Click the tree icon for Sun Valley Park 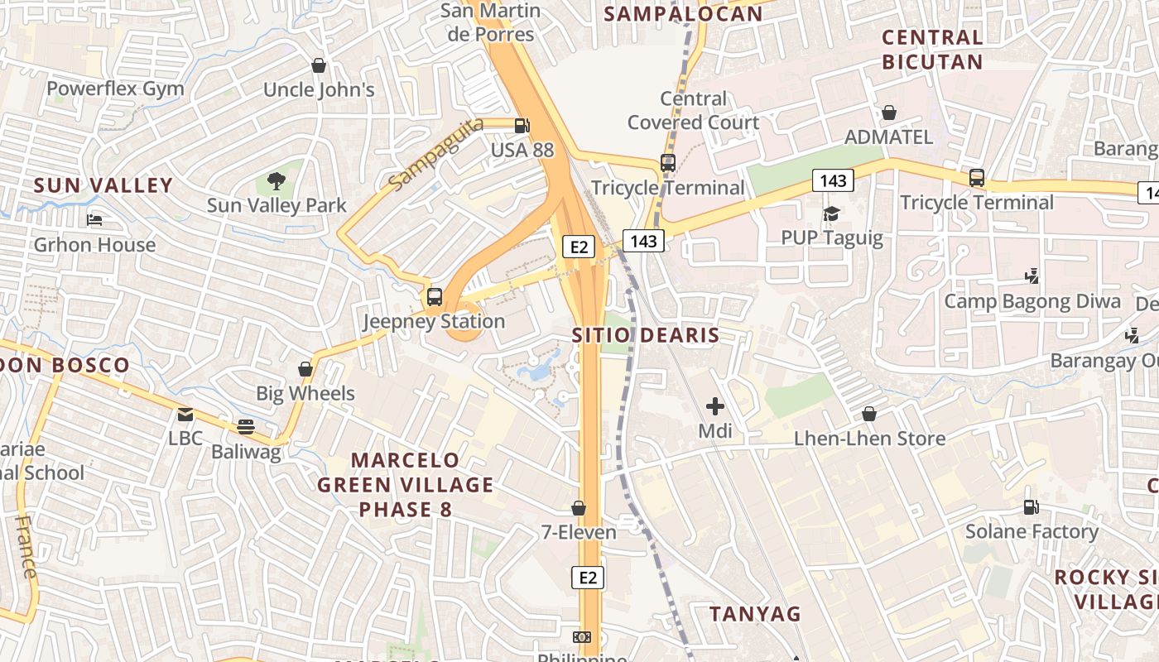coord(277,180)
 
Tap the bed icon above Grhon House coord(94,220)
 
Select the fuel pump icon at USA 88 coord(522,126)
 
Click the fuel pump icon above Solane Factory coord(1031,506)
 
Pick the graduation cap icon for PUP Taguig coord(831,214)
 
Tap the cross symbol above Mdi coord(715,406)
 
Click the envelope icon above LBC coord(185,414)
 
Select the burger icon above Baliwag coord(245,427)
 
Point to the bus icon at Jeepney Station coord(435,297)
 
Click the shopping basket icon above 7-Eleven coord(579,507)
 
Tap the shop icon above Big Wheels coord(305,369)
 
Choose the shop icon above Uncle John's coord(319,65)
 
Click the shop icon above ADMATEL coord(889,113)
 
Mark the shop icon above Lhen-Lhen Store coord(869,413)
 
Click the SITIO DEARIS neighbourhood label coord(646,335)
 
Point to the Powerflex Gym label coord(115,89)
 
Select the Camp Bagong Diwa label coord(1032,301)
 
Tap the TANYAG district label coord(755,613)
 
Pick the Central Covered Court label coord(693,111)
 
